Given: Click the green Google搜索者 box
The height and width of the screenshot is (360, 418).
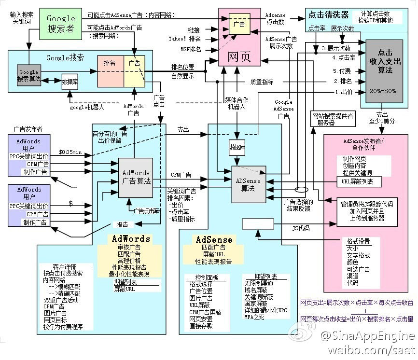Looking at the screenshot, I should tap(61, 23).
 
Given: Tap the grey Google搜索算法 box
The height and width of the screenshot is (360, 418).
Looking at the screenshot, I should tap(28, 75).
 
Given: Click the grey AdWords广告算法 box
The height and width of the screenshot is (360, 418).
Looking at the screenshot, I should tap(136, 177).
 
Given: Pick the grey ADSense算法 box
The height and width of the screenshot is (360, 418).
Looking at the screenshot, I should tap(248, 184).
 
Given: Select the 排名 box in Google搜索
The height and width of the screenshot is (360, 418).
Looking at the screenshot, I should tap(110, 63).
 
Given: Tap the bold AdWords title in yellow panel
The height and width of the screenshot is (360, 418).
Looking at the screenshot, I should tap(131, 239).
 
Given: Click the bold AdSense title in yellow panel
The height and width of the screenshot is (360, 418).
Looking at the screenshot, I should tap(214, 240).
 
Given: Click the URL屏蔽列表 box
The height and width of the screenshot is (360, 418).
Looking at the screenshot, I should tap(358, 181).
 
